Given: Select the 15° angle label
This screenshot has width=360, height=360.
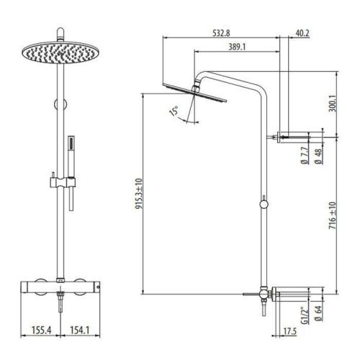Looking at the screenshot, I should (172, 112).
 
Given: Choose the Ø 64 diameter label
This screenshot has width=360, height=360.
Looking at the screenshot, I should (317, 315).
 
